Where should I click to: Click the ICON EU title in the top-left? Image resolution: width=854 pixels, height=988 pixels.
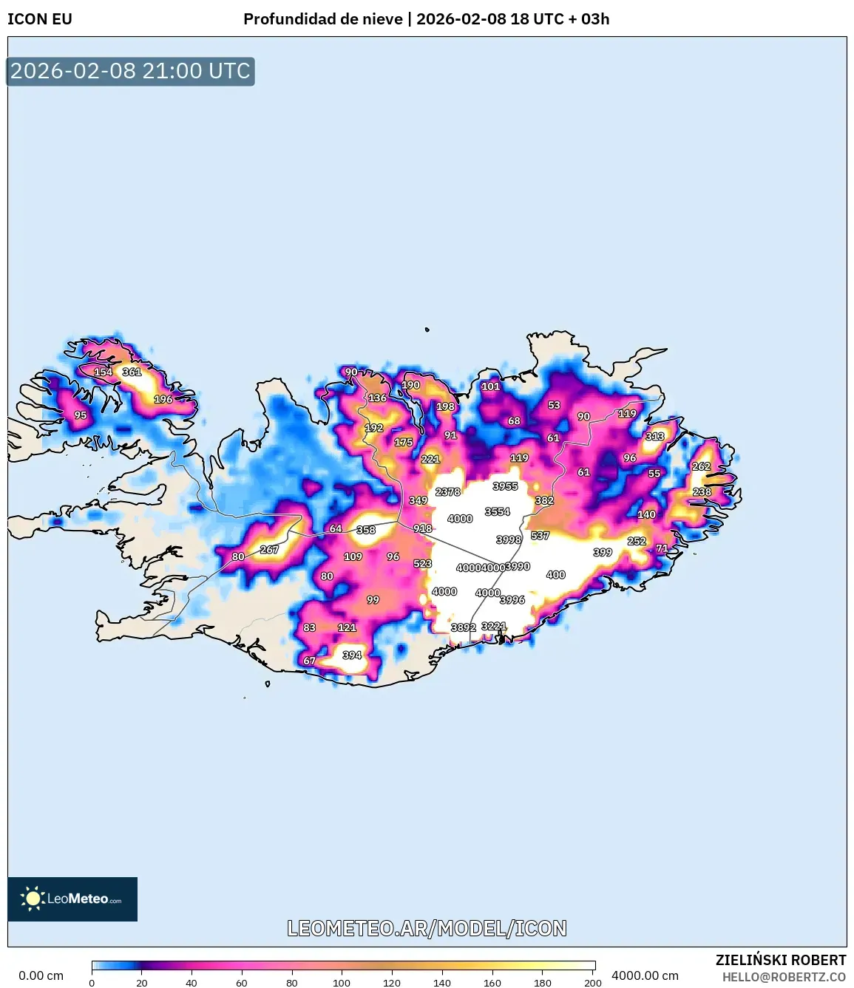click(x=40, y=19)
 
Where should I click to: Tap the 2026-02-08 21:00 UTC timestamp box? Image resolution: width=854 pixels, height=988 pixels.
click(x=130, y=71)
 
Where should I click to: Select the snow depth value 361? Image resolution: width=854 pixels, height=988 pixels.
click(x=132, y=372)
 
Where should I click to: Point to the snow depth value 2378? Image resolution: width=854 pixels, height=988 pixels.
click(x=448, y=491)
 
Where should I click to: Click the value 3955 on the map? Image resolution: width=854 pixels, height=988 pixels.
click(x=505, y=486)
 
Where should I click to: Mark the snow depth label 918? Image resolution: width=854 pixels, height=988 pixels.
click(x=422, y=528)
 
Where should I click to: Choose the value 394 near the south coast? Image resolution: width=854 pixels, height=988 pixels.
click(x=352, y=655)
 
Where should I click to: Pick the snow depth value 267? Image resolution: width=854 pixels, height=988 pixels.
click(x=269, y=549)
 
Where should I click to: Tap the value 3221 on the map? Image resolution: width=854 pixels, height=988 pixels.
click(x=494, y=626)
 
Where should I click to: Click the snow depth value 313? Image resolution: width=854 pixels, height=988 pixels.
click(x=654, y=436)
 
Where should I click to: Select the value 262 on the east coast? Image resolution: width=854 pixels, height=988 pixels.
click(x=701, y=466)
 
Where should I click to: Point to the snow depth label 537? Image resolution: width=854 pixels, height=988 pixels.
click(x=540, y=535)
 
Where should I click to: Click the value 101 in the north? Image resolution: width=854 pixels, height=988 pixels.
click(x=491, y=386)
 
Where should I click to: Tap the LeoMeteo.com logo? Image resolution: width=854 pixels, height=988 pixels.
click(x=72, y=899)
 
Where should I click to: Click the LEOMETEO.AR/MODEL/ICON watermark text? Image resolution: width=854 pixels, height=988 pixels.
click(x=427, y=928)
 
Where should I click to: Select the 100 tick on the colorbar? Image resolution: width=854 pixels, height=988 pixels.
click(x=342, y=983)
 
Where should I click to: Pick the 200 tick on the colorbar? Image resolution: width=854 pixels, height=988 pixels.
click(x=592, y=983)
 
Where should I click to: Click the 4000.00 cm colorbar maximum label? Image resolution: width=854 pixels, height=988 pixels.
click(x=645, y=975)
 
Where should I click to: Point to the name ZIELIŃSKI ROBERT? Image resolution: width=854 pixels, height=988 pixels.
click(x=781, y=960)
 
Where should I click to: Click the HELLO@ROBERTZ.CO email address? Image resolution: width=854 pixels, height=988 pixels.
click(x=784, y=977)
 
